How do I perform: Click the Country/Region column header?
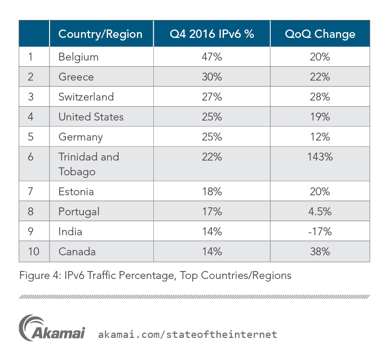pos(100,34)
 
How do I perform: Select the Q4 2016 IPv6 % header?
pos(211,34)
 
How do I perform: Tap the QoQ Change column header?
pos(320,34)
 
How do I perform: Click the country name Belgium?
pos(79,57)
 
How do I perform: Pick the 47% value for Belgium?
pos(211,57)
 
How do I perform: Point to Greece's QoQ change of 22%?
pos(320,77)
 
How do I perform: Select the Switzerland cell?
pos(86,97)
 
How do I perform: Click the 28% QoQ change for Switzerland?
pos(320,97)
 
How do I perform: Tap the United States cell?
pos(91,117)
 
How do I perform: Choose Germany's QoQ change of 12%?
pos(320,137)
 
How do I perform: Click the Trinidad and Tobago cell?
pos(89,164)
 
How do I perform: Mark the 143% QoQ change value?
pos(320,157)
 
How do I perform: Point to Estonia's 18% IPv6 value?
pos(211,192)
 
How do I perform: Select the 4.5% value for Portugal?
pos(320,212)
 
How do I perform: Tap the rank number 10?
pos(34,252)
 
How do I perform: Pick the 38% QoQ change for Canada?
pos(320,252)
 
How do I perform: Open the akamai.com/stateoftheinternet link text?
pos(188,334)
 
